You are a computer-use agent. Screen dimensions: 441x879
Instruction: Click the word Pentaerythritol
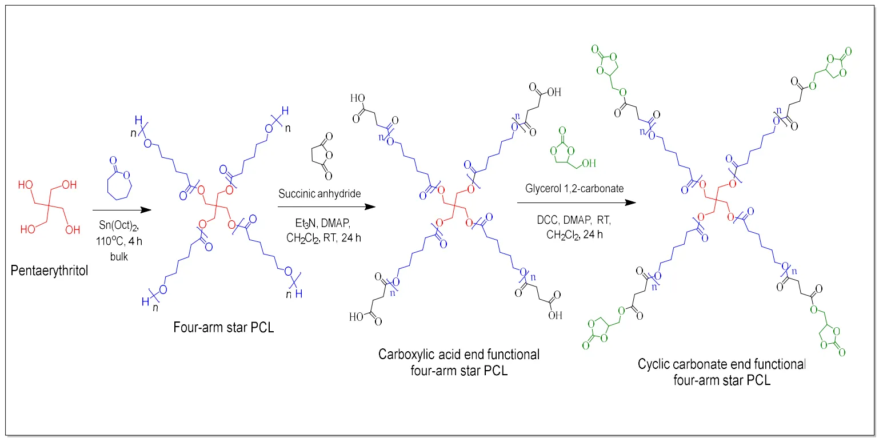coord(50,270)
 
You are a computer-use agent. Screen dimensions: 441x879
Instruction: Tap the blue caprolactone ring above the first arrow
coord(118,179)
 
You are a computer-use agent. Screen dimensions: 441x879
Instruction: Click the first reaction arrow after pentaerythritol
coord(122,210)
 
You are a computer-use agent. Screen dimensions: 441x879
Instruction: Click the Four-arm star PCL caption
coord(224,328)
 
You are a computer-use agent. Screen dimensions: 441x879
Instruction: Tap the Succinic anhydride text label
coord(319,193)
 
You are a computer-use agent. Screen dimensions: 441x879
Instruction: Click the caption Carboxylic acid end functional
coord(458,355)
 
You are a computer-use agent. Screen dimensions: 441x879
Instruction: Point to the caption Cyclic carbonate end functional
coord(722,364)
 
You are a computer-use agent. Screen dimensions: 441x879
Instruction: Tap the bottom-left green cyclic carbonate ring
coord(597,334)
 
